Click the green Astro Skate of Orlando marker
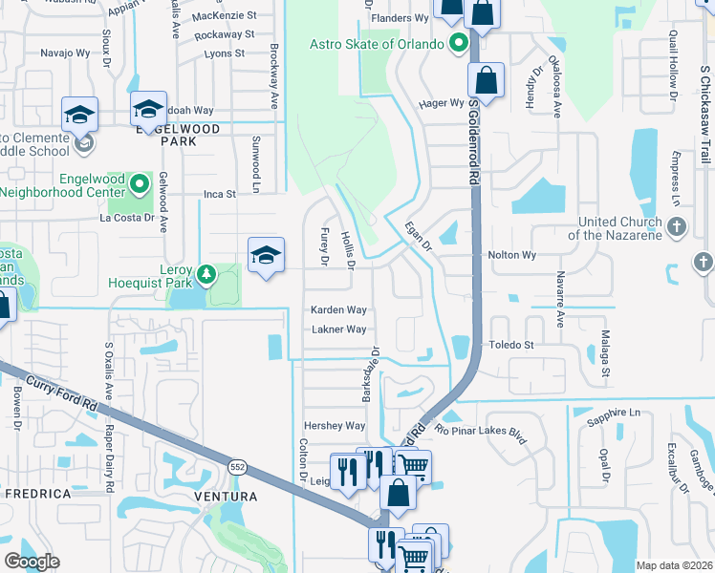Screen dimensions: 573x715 tap(458, 44)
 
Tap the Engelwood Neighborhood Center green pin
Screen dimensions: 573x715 tap(141, 182)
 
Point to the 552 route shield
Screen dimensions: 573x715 tap(238, 465)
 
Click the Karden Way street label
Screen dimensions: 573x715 tap(338, 310)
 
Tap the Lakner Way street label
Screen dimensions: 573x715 tap(338, 329)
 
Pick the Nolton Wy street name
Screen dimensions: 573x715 tap(512, 256)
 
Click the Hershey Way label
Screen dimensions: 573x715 tap(335, 426)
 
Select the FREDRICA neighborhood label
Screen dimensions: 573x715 tap(38, 494)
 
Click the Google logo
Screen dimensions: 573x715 tap(32, 562)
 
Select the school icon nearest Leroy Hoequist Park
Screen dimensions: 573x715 tap(267, 255)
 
